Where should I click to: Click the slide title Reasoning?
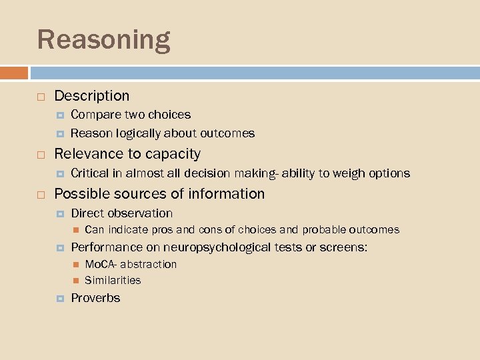click(x=103, y=40)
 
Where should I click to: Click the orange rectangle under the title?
click(x=14, y=73)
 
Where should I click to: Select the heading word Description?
click(x=91, y=96)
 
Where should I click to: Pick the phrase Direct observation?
click(x=121, y=213)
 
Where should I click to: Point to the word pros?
click(x=163, y=230)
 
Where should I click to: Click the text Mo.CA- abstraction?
click(x=131, y=264)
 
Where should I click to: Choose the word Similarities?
click(x=113, y=280)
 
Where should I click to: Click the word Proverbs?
click(x=95, y=298)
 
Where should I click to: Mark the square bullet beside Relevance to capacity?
click(x=41, y=155)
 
